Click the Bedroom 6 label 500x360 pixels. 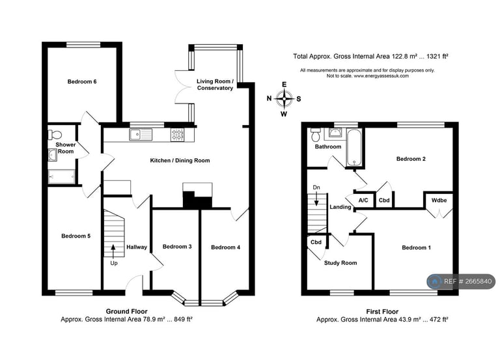pyautogui.click(x=82, y=82)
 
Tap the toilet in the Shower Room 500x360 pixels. pyautogui.click(x=52, y=135)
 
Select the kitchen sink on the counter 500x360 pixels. pyautogui.click(x=139, y=135)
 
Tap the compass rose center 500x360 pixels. pyautogui.click(x=284, y=99)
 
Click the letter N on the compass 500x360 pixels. pyautogui.click(x=269, y=99)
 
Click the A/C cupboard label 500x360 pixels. pyautogui.click(x=363, y=201)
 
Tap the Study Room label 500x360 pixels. pyautogui.click(x=340, y=263)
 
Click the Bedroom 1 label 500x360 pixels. pyautogui.click(x=416, y=247)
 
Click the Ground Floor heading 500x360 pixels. pyautogui.click(x=126, y=311)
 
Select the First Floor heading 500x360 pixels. pyautogui.click(x=382, y=311)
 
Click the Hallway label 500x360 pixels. pyautogui.click(x=137, y=247)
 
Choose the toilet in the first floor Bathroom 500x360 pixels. pyautogui.click(x=316, y=135)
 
